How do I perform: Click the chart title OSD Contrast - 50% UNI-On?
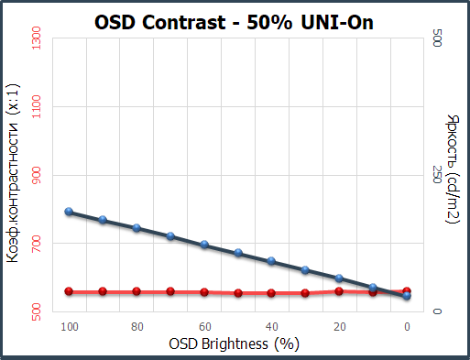click(x=234, y=23)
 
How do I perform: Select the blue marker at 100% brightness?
click(x=69, y=212)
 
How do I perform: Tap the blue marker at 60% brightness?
click(x=204, y=245)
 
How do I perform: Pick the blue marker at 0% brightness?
click(x=407, y=295)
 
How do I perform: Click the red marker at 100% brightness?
click(x=69, y=291)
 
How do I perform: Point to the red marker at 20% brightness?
click(x=339, y=291)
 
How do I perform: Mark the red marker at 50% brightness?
click(x=238, y=293)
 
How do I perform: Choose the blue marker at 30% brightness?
click(x=305, y=270)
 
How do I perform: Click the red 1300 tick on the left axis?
click(x=37, y=38)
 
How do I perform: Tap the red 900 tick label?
click(x=37, y=175)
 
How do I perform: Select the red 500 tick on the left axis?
click(x=37, y=311)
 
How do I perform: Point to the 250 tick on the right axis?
click(x=437, y=175)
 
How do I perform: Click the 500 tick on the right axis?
click(x=437, y=38)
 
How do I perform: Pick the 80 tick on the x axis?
click(x=137, y=327)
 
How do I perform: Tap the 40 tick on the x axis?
click(x=272, y=327)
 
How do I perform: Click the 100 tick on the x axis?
click(x=70, y=327)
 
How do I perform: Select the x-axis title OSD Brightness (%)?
click(x=234, y=344)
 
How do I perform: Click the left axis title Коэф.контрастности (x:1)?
click(x=13, y=173)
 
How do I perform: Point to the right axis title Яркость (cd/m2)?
click(x=453, y=169)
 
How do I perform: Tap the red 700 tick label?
click(x=37, y=244)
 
